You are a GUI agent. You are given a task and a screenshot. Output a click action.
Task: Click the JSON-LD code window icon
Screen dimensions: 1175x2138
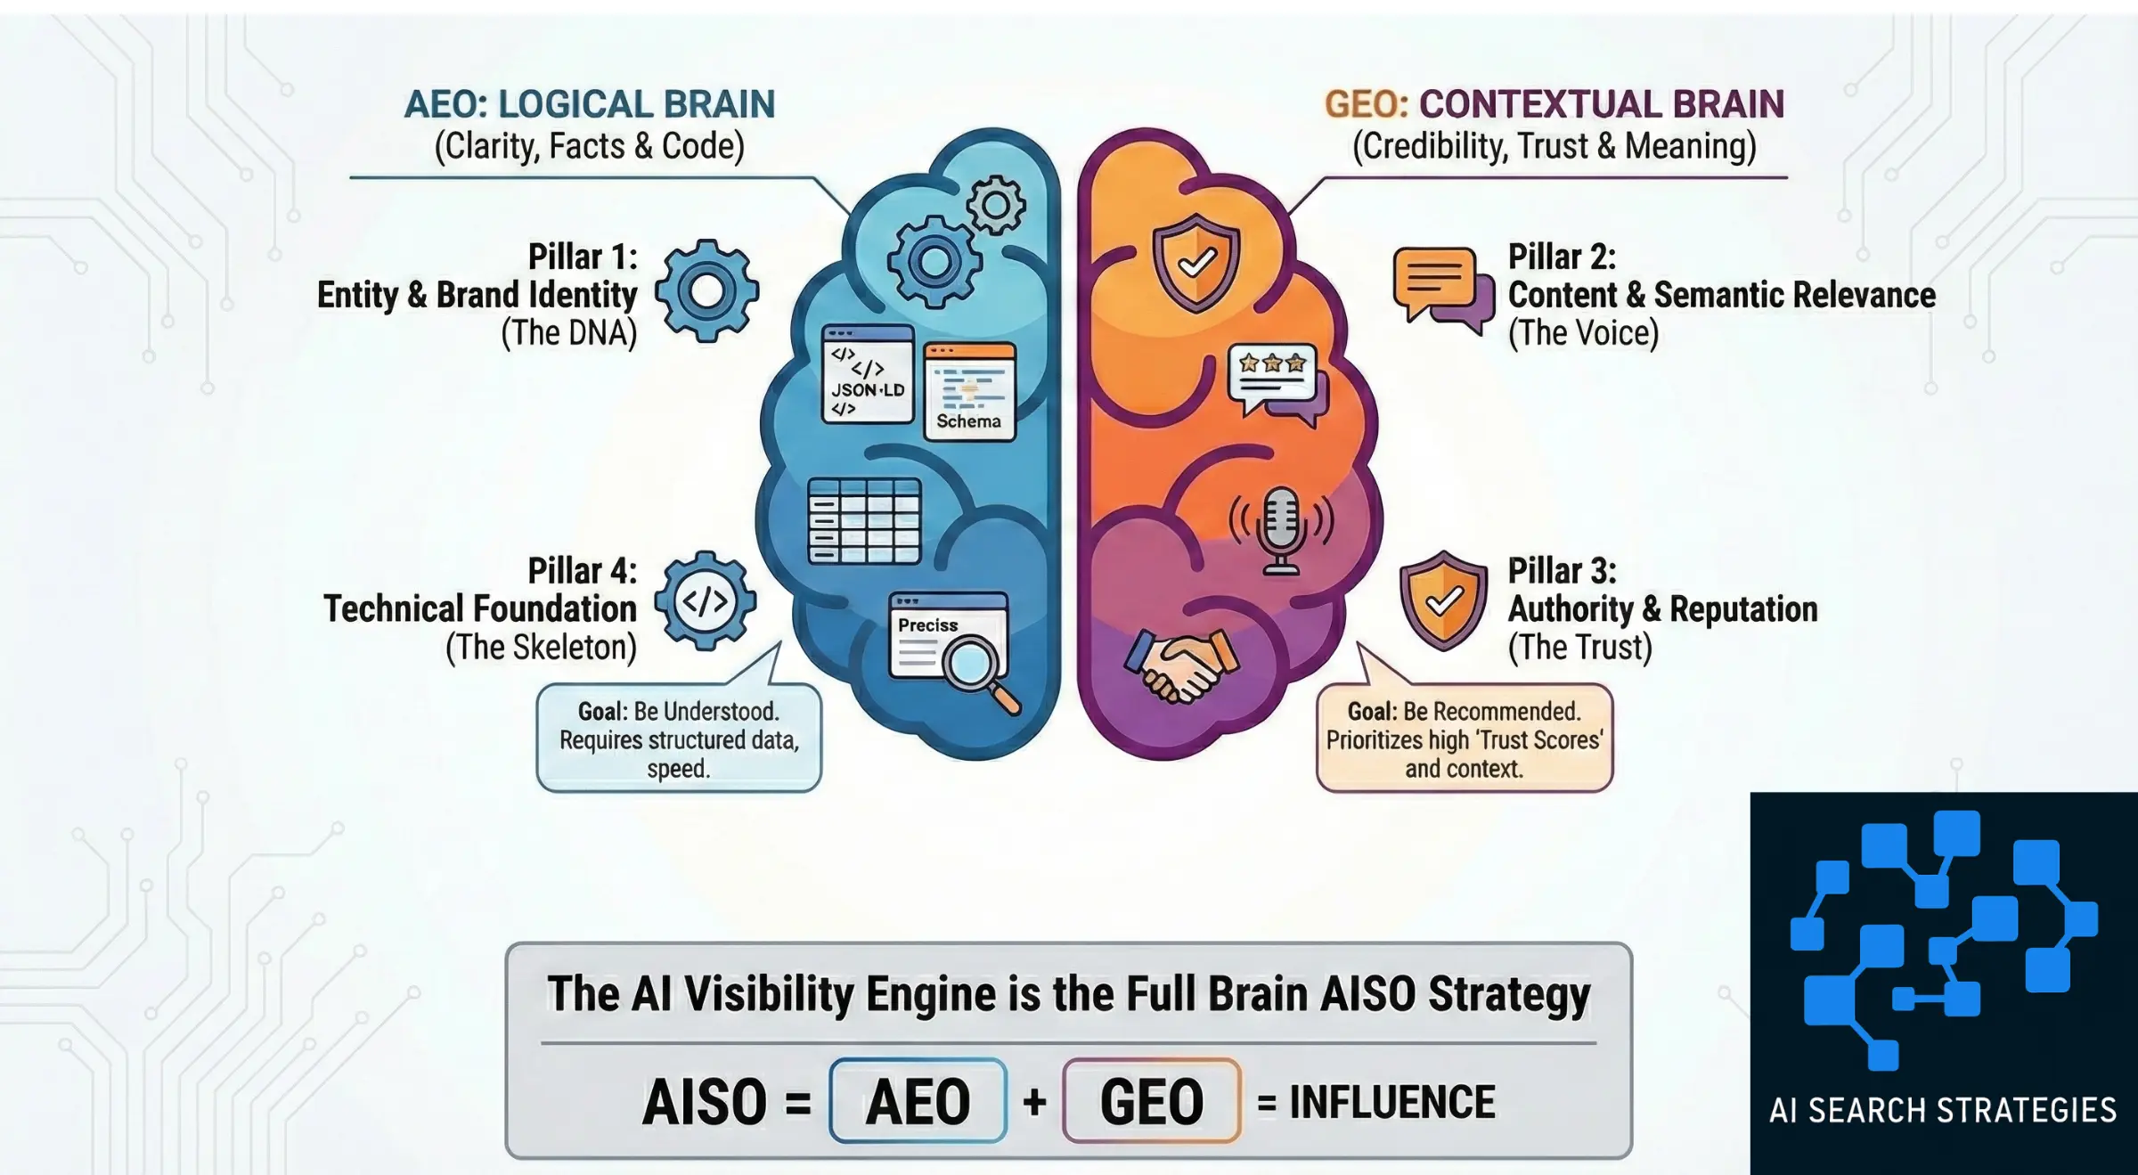tap(868, 374)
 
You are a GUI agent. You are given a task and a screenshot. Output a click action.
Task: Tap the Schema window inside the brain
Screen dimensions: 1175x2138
tap(969, 392)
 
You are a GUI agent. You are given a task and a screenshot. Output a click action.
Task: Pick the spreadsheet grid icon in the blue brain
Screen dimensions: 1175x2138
tap(863, 521)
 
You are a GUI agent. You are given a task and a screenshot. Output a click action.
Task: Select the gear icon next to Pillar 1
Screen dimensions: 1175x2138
tap(706, 291)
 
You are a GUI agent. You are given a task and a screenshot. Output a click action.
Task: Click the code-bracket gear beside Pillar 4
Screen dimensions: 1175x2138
tap(706, 601)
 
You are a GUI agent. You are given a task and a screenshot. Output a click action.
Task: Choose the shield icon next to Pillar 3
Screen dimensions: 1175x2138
tap(1443, 601)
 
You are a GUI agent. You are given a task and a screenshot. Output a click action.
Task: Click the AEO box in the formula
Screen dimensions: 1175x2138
tap(918, 1101)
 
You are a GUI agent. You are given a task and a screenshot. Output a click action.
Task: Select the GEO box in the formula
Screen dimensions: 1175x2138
tap(1151, 1101)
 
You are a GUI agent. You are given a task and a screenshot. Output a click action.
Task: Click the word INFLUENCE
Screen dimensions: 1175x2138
tap(1391, 1102)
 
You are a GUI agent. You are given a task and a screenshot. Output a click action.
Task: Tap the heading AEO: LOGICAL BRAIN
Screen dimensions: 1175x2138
tap(589, 104)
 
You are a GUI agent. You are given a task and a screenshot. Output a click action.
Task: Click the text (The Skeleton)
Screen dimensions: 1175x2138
tap(541, 648)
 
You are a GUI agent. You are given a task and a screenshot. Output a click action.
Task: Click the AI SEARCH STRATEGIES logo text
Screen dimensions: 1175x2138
tap(1942, 1111)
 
